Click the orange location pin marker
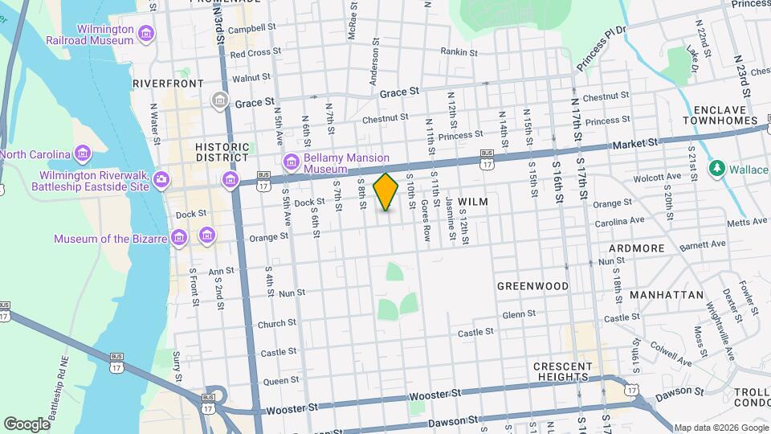tap(386, 192)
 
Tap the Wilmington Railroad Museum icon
tap(145, 33)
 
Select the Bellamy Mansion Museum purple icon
tap(291, 163)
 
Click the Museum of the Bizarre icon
tap(181, 238)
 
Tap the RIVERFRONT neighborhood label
tap(168, 83)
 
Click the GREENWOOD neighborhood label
tap(532, 286)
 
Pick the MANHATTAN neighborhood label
tap(666, 295)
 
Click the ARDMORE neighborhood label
tap(637, 248)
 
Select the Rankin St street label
tap(459, 52)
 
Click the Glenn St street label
tap(519, 315)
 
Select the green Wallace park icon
tap(716, 169)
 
